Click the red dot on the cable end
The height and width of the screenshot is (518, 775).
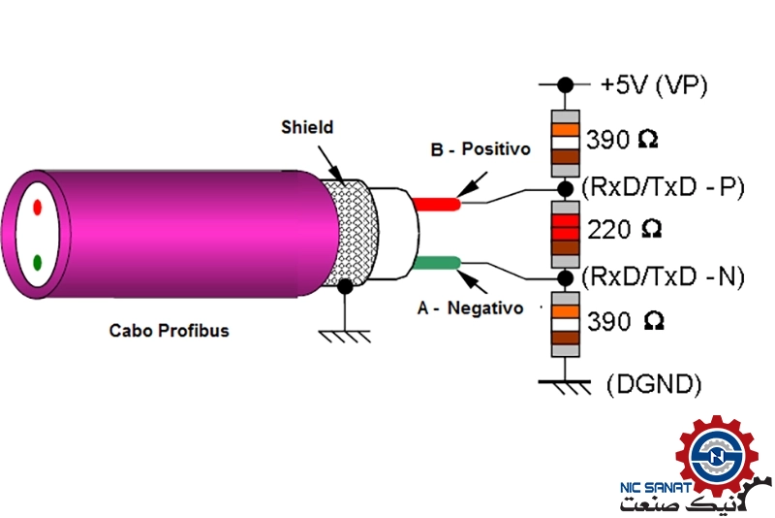click(37, 207)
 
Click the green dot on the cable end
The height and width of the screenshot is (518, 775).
click(37, 262)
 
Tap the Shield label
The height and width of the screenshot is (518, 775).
click(307, 127)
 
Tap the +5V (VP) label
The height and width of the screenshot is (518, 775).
click(653, 85)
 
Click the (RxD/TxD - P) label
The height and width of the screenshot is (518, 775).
click(663, 186)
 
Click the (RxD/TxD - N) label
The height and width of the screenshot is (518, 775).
click(663, 276)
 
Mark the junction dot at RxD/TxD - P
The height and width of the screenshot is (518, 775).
click(564, 185)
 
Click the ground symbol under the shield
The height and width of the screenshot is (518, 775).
click(345, 335)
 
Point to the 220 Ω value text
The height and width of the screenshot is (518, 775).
click(625, 231)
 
